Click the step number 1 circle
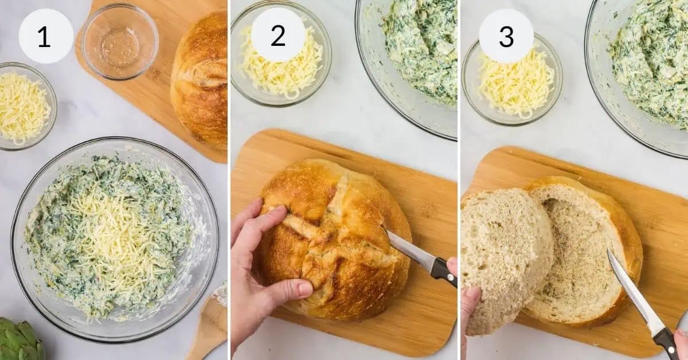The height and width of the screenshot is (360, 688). pos(46,36)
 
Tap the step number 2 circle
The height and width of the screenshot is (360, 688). pos(278,35)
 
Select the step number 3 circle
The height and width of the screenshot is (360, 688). pos(506,36)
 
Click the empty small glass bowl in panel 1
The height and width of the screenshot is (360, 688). pos(120,41)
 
